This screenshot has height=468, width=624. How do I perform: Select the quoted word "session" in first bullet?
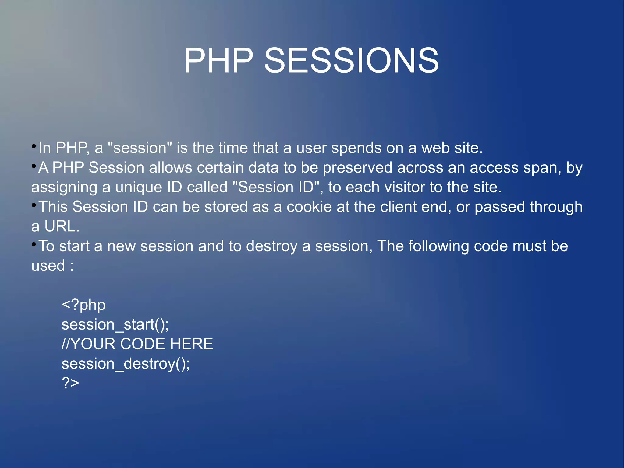tap(140, 148)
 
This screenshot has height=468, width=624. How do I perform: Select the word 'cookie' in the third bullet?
tap(309, 207)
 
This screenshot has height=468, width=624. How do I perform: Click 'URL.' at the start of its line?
tap(62, 227)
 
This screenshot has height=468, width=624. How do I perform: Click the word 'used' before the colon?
tap(48, 266)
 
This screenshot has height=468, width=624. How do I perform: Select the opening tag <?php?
tap(83, 305)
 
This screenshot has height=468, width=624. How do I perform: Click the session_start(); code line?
tap(115, 325)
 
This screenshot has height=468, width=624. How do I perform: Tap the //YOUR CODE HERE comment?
tap(137, 344)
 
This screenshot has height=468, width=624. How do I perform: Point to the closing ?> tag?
tap(70, 383)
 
